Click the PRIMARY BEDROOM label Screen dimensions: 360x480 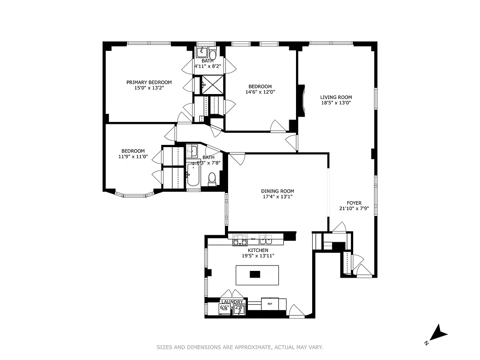coord(149,82)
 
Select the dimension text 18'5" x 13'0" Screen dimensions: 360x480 coord(336,103)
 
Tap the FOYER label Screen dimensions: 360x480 coord(354,203)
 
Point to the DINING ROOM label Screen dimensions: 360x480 coord(277,191)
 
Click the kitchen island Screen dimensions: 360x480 coord(257,274)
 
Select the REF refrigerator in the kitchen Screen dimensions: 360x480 coord(270,304)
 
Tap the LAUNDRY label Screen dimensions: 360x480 coord(232,301)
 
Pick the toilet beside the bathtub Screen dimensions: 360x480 coord(212,179)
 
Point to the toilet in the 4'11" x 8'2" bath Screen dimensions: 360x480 coord(213,54)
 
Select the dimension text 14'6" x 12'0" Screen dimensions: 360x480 coord(260,92)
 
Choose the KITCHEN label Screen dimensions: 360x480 coord(258,250)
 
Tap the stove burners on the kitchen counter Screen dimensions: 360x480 coord(239,241)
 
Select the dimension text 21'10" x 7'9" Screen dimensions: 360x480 coord(354,208)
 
